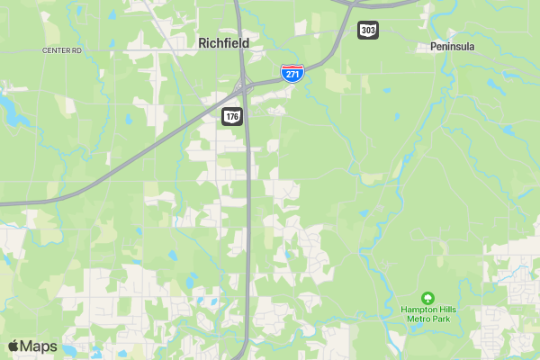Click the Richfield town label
coord(223,42)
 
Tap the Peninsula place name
coord(452,46)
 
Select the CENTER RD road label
coord(62,50)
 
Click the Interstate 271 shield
coord(291,73)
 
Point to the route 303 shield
coord(367,31)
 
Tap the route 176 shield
coord(232,116)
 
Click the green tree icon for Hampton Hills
coord(428,297)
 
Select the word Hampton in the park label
coord(418,309)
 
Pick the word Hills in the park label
coord(447,309)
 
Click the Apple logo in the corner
coord(13,346)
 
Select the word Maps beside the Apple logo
coord(39,346)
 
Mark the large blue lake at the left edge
coord(11,110)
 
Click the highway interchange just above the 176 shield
coord(243,87)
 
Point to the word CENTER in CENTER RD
coord(56,50)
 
